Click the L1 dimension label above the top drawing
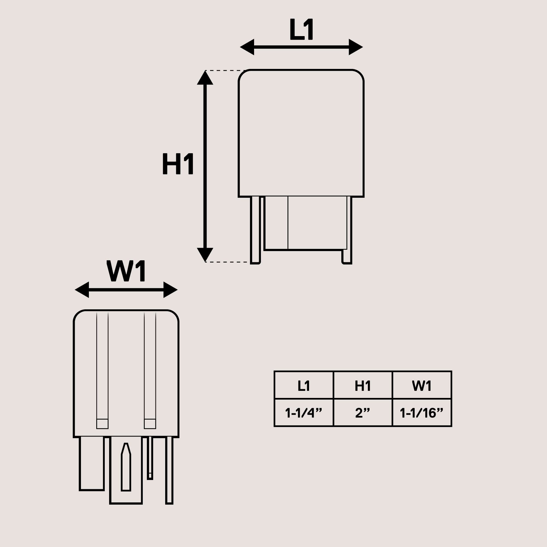point(301,29)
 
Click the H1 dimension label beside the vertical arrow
point(178,164)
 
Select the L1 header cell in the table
point(304,386)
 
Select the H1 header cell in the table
point(363,386)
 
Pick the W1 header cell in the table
point(421,386)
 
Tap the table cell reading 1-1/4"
point(304,413)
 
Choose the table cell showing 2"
point(363,413)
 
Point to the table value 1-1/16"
point(421,413)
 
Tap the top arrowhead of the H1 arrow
point(205,78)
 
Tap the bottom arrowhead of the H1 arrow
point(205,254)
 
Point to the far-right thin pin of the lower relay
point(169,470)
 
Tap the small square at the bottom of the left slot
point(102,424)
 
